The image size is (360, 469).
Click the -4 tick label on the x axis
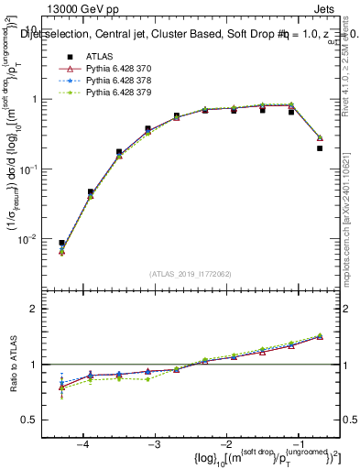(x=82, y=444)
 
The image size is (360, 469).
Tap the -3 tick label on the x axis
(x=154, y=444)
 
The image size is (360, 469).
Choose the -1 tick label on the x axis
(x=297, y=444)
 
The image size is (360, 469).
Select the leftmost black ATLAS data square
(x=61, y=244)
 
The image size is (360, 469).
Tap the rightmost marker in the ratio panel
(x=320, y=335)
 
